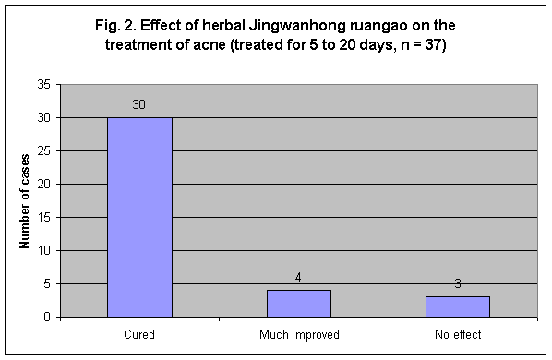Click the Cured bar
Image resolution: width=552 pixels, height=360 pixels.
click(139, 217)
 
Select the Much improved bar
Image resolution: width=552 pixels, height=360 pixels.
click(298, 304)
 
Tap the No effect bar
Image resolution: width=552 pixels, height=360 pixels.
click(457, 306)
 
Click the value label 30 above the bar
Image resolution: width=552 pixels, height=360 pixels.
click(139, 106)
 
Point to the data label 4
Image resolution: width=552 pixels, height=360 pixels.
click(298, 279)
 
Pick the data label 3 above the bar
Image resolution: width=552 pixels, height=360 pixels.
click(457, 285)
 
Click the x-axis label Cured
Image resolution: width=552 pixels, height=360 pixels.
click(139, 333)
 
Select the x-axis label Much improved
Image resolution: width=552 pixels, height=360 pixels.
click(298, 333)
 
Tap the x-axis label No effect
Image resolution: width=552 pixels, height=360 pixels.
click(457, 333)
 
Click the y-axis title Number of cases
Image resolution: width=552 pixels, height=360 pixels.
click(25, 200)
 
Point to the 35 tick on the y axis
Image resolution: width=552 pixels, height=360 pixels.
click(43, 85)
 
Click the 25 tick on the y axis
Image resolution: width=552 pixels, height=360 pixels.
click(43, 151)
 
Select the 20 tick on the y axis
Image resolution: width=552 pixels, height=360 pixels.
click(43, 185)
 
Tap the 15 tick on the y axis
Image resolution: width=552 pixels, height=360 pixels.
click(43, 218)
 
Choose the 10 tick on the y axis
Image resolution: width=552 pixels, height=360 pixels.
click(43, 251)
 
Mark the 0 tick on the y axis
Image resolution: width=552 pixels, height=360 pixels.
click(46, 318)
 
